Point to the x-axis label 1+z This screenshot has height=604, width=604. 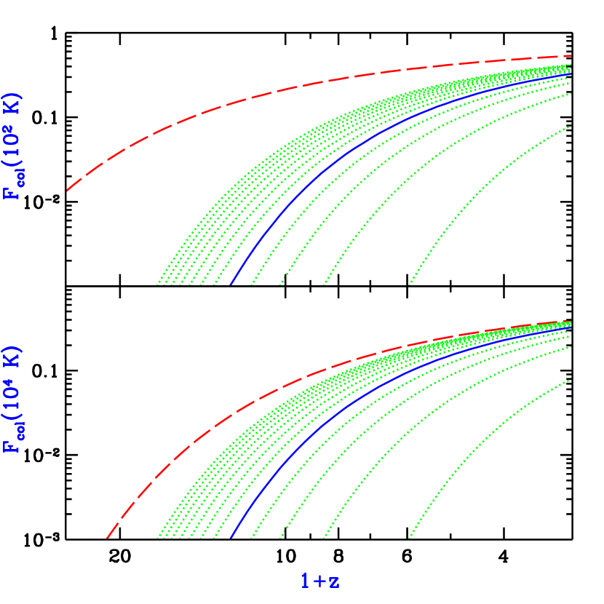coord(320,581)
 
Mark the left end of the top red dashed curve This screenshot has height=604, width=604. coord(67,191)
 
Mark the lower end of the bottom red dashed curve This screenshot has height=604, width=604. coord(107,538)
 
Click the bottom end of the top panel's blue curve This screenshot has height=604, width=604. coord(231,284)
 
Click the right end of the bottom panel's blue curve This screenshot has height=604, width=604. coord(571,327)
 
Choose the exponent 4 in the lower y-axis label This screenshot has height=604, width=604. coord(9,376)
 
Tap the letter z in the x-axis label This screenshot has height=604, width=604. coord(333,581)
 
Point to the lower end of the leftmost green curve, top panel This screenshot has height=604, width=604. coord(157,283)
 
